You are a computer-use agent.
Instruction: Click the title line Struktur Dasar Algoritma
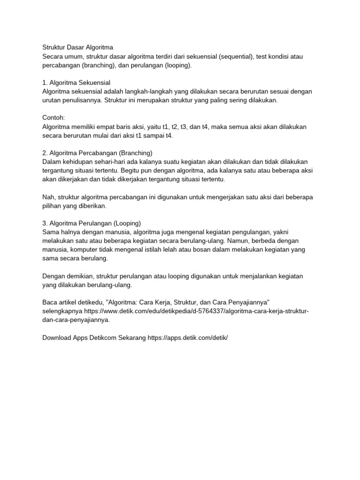[78, 47]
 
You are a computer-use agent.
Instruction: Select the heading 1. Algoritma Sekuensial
[76, 82]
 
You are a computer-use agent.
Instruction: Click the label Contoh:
[53, 118]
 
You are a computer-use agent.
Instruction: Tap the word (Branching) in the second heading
[136, 153]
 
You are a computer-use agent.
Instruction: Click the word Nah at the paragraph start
[48, 197]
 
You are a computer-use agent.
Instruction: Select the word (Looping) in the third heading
[124, 223]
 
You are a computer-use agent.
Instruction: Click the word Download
[56, 337]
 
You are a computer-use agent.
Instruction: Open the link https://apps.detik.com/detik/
[187, 337]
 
